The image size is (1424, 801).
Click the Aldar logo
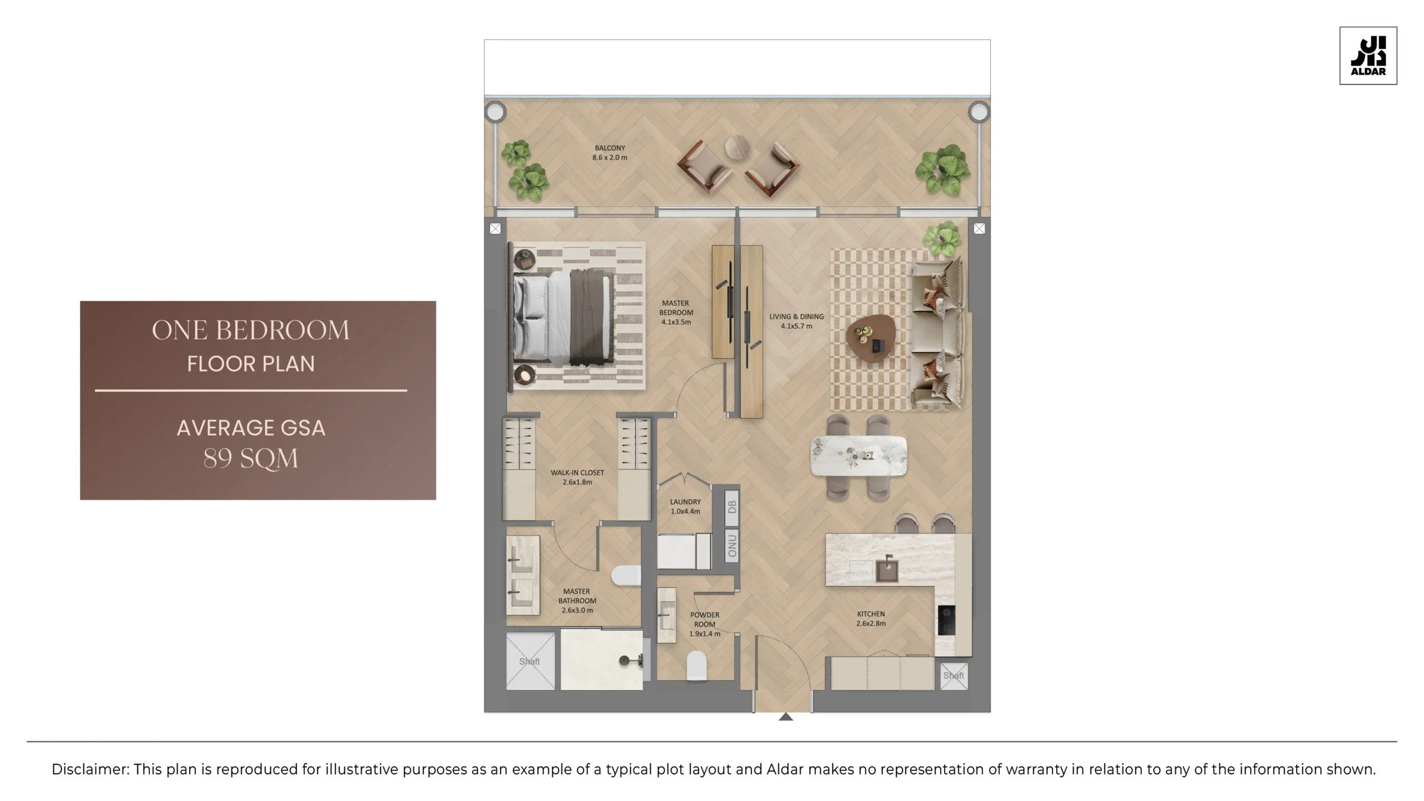coord(1368,56)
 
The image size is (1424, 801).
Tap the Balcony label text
coord(610,152)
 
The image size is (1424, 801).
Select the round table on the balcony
coord(738,148)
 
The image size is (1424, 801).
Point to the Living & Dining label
coord(796,321)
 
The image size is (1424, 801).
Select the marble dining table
coord(858,456)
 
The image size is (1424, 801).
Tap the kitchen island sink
coord(887,571)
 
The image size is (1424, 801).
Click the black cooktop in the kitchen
coord(946,620)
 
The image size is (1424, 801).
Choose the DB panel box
coord(732,507)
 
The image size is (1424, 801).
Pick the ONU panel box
coord(732,546)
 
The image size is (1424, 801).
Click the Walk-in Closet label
coord(577,477)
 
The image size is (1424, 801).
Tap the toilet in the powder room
coord(696,665)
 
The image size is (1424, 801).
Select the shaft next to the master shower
coord(530,661)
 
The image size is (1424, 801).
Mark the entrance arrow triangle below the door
coord(785,717)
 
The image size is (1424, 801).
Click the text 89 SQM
coord(251,459)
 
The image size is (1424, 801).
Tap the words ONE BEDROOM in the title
coord(251,330)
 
